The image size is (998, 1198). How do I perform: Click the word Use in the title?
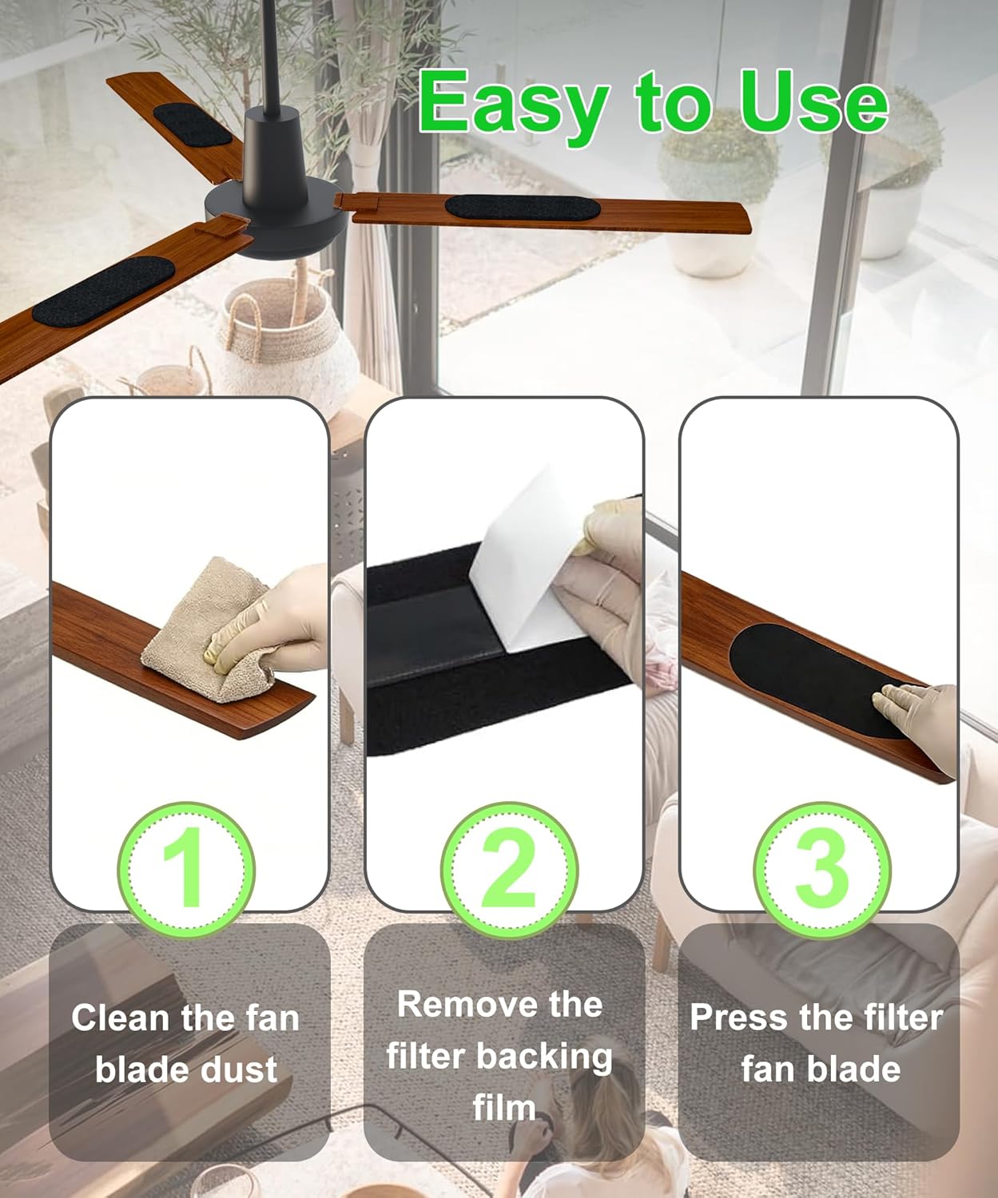pos(813,102)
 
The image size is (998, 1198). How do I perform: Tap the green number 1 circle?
pos(186,870)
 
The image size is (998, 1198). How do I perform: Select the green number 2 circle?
pos(509,870)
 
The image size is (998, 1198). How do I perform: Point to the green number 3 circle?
pos(821,870)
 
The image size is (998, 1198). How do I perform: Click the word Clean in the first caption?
pos(120,1018)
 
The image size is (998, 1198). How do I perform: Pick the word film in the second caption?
pos(504,1107)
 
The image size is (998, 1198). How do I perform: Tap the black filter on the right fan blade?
pos(523,208)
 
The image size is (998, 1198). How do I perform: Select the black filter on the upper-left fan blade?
pos(193,124)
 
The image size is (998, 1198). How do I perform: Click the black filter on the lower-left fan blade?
pos(103,292)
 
